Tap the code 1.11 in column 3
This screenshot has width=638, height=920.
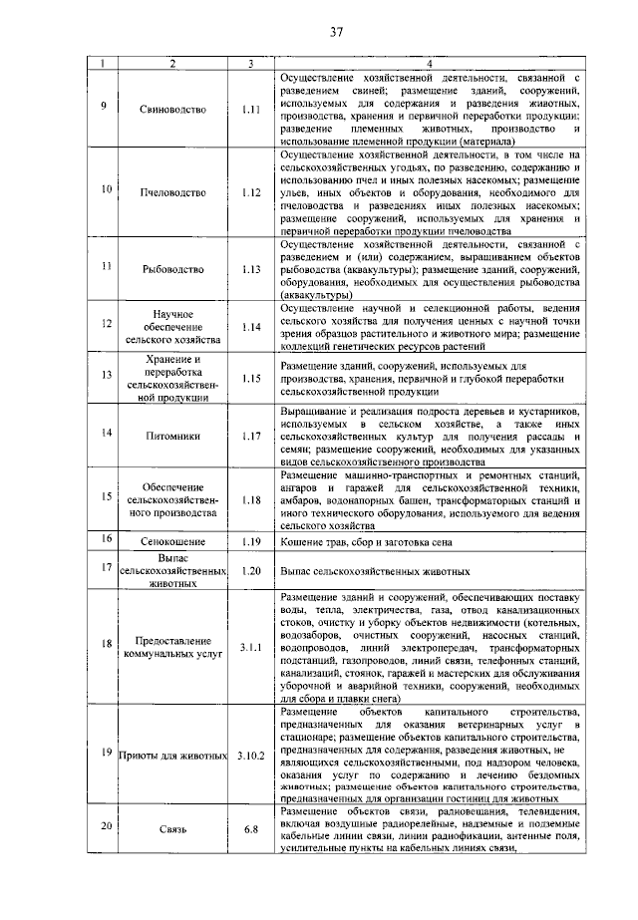tap(250, 109)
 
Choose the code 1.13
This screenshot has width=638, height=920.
tap(250, 268)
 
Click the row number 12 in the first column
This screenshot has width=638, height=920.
tap(107, 326)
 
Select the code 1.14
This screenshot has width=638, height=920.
tap(250, 326)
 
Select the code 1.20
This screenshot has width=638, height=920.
tap(250, 572)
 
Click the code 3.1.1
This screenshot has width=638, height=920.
tap(250, 647)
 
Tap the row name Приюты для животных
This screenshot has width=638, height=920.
tap(173, 755)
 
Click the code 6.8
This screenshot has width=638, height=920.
tap(250, 828)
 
